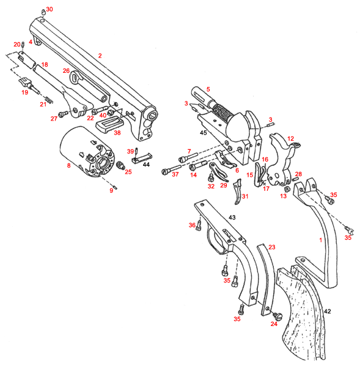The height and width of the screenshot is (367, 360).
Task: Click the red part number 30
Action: click(x=50, y=9)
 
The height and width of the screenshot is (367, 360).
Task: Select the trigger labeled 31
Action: click(x=237, y=191)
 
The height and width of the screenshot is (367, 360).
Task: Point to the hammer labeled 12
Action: click(x=283, y=159)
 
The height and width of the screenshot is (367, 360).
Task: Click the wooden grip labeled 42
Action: click(x=302, y=314)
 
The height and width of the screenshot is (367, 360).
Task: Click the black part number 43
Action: click(x=232, y=217)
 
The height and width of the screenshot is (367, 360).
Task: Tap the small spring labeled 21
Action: click(x=49, y=100)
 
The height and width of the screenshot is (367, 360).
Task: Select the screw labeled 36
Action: click(x=199, y=225)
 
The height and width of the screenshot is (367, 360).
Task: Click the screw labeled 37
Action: click(x=172, y=169)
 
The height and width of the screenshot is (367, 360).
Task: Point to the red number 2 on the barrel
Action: click(x=100, y=56)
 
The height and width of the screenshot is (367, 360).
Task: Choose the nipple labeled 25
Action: click(x=120, y=166)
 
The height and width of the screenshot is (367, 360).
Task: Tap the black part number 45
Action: click(x=204, y=133)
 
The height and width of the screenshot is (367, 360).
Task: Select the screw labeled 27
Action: click(x=63, y=114)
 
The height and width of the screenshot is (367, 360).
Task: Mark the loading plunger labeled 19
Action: click(x=29, y=85)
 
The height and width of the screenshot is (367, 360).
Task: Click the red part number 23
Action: click(x=272, y=247)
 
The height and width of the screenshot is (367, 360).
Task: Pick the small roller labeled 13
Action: click(x=286, y=188)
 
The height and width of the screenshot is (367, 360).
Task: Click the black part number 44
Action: click(x=146, y=165)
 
